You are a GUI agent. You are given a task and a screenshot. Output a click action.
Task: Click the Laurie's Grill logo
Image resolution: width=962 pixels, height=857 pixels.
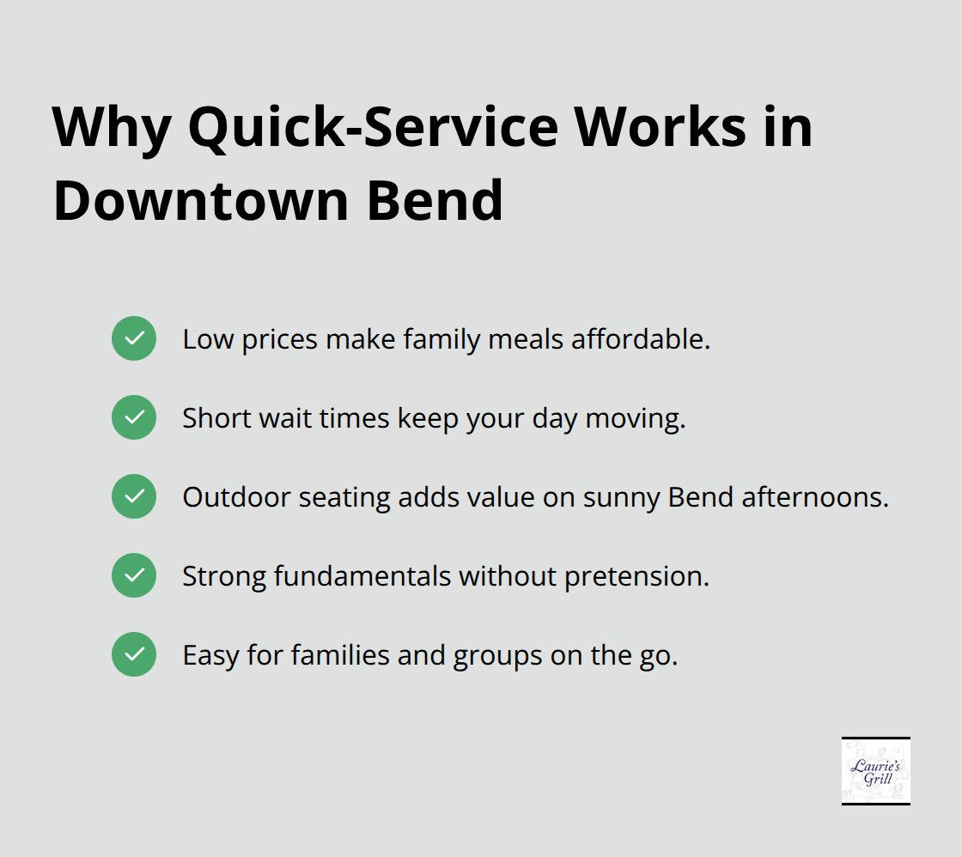[x=875, y=770]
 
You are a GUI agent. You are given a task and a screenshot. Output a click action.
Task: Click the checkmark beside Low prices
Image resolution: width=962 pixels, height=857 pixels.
[x=134, y=338]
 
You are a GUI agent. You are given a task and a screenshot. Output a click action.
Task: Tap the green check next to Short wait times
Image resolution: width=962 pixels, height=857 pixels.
[x=134, y=417]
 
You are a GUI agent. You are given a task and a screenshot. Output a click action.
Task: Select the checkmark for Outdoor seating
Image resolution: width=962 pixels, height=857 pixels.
[x=134, y=496]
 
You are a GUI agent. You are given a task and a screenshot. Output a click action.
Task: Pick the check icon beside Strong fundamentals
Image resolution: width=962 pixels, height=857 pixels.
[x=134, y=575]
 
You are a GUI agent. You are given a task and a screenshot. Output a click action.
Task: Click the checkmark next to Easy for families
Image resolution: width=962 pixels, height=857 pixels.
[x=134, y=654]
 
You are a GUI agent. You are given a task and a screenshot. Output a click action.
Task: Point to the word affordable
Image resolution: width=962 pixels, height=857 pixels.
[x=642, y=339]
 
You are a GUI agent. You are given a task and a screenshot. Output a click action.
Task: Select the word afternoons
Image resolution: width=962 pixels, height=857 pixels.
[x=821, y=497]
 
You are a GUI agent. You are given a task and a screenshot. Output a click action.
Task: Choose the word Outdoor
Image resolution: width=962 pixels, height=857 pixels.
[x=222, y=497]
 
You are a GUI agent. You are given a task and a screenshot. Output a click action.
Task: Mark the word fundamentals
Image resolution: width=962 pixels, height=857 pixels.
[x=364, y=576]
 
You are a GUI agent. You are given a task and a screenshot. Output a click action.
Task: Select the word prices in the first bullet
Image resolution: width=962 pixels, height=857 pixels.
[x=279, y=340]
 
